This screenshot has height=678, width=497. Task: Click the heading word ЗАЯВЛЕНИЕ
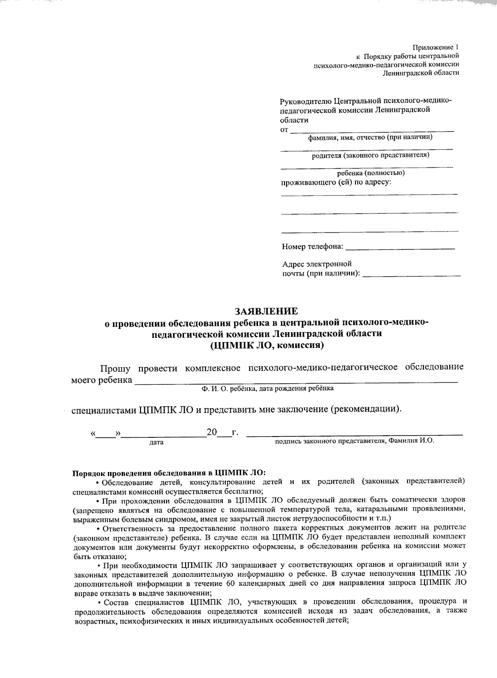pos(266,310)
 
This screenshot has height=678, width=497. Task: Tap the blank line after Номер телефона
pos(400,248)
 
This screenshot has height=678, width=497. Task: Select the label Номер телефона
pos(313,247)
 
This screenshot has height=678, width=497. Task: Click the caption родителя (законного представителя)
pos(370,155)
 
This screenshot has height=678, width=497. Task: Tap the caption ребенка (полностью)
pos(371,173)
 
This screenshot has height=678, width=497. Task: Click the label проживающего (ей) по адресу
pos(336,182)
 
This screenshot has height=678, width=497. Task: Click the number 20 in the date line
pos(212,433)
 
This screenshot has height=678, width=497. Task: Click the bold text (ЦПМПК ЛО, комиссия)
pos(266,345)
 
